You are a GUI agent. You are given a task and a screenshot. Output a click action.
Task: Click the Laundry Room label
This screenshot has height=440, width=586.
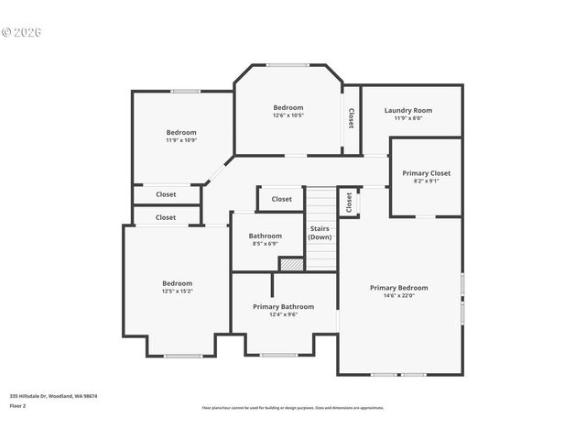pyautogui.click(x=407, y=110)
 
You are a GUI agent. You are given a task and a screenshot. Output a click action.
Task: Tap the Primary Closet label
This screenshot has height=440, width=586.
pyautogui.click(x=426, y=172)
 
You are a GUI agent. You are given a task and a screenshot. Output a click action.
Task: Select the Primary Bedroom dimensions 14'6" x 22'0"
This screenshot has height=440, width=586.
pyautogui.click(x=398, y=295)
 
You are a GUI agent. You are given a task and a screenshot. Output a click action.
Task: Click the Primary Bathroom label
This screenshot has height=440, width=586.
pyautogui.click(x=283, y=306)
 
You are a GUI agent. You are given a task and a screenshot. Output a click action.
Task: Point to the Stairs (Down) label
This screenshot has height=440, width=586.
pyautogui.click(x=320, y=232)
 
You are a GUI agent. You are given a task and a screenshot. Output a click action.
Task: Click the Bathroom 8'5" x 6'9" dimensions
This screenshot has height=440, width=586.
pyautogui.click(x=266, y=244)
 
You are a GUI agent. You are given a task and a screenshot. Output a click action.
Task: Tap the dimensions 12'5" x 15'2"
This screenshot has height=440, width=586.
pyautogui.click(x=177, y=291)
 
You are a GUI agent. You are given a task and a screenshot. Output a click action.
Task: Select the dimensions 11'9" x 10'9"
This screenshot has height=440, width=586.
pyautogui.click(x=180, y=140)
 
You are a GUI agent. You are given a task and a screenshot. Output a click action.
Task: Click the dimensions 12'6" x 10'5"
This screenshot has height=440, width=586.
pyautogui.click(x=288, y=115)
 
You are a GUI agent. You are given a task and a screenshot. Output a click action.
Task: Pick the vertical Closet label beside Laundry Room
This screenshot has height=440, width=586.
pyautogui.click(x=351, y=118)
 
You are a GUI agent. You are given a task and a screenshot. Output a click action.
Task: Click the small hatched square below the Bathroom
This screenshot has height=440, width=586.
pyautogui.click(x=291, y=264)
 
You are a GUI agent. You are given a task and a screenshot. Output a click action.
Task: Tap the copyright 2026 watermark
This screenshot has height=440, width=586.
pyautogui.click(x=22, y=32)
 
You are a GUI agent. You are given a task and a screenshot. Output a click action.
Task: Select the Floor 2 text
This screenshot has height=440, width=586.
pyautogui.click(x=17, y=405)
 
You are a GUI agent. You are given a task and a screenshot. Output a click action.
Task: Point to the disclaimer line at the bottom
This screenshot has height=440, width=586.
pyautogui.click(x=292, y=408)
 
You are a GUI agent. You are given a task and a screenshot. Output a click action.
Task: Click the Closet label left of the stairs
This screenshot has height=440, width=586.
pyautogui.click(x=281, y=199)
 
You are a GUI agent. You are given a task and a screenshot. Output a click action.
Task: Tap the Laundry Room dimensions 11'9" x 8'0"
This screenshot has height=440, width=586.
pyautogui.click(x=407, y=118)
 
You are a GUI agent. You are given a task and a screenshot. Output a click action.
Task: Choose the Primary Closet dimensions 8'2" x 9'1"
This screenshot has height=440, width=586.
pyautogui.click(x=426, y=181)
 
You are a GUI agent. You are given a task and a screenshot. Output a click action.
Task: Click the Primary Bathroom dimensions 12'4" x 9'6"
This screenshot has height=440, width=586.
pyautogui.click(x=283, y=314)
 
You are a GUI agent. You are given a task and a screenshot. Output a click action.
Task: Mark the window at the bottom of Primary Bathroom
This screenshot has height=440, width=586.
pyautogui.click(x=278, y=355)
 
